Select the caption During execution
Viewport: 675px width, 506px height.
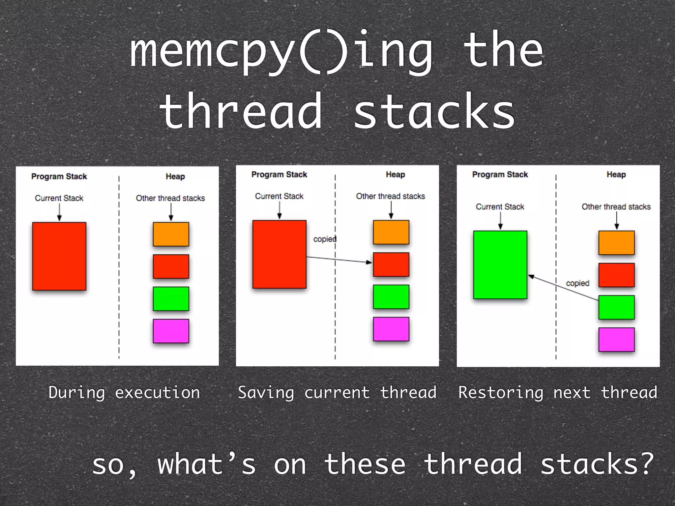pyautogui.click(x=124, y=393)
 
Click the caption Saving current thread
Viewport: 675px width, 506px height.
pyautogui.click(x=337, y=393)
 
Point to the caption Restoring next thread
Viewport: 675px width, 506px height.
pyautogui.click(x=558, y=393)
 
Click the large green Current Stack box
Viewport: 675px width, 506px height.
pyautogui.click(x=500, y=265)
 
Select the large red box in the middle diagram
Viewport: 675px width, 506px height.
pyautogui.click(x=279, y=254)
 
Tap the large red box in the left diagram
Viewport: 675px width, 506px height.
pyautogui.click(x=59, y=256)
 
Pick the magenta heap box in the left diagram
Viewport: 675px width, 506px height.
pyautogui.click(x=171, y=331)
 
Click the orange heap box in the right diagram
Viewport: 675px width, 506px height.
pyautogui.click(x=616, y=243)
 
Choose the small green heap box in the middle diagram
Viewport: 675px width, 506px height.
pyautogui.click(x=391, y=297)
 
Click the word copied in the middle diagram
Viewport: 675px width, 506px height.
pyautogui.click(x=325, y=239)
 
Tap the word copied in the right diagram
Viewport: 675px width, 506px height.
pyautogui.click(x=577, y=283)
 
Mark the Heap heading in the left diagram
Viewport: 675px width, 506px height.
pyautogui.click(x=175, y=177)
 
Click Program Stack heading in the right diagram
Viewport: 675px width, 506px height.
pyautogui.click(x=500, y=175)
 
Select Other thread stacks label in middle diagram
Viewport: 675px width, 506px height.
pyautogui.click(x=390, y=196)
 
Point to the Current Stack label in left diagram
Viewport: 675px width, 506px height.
pyautogui.click(x=59, y=198)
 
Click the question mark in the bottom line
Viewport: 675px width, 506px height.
pyautogui.click(x=647, y=463)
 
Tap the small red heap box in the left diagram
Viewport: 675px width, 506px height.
pyautogui.click(x=171, y=266)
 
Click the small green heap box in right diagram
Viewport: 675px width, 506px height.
pyautogui.click(x=616, y=307)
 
